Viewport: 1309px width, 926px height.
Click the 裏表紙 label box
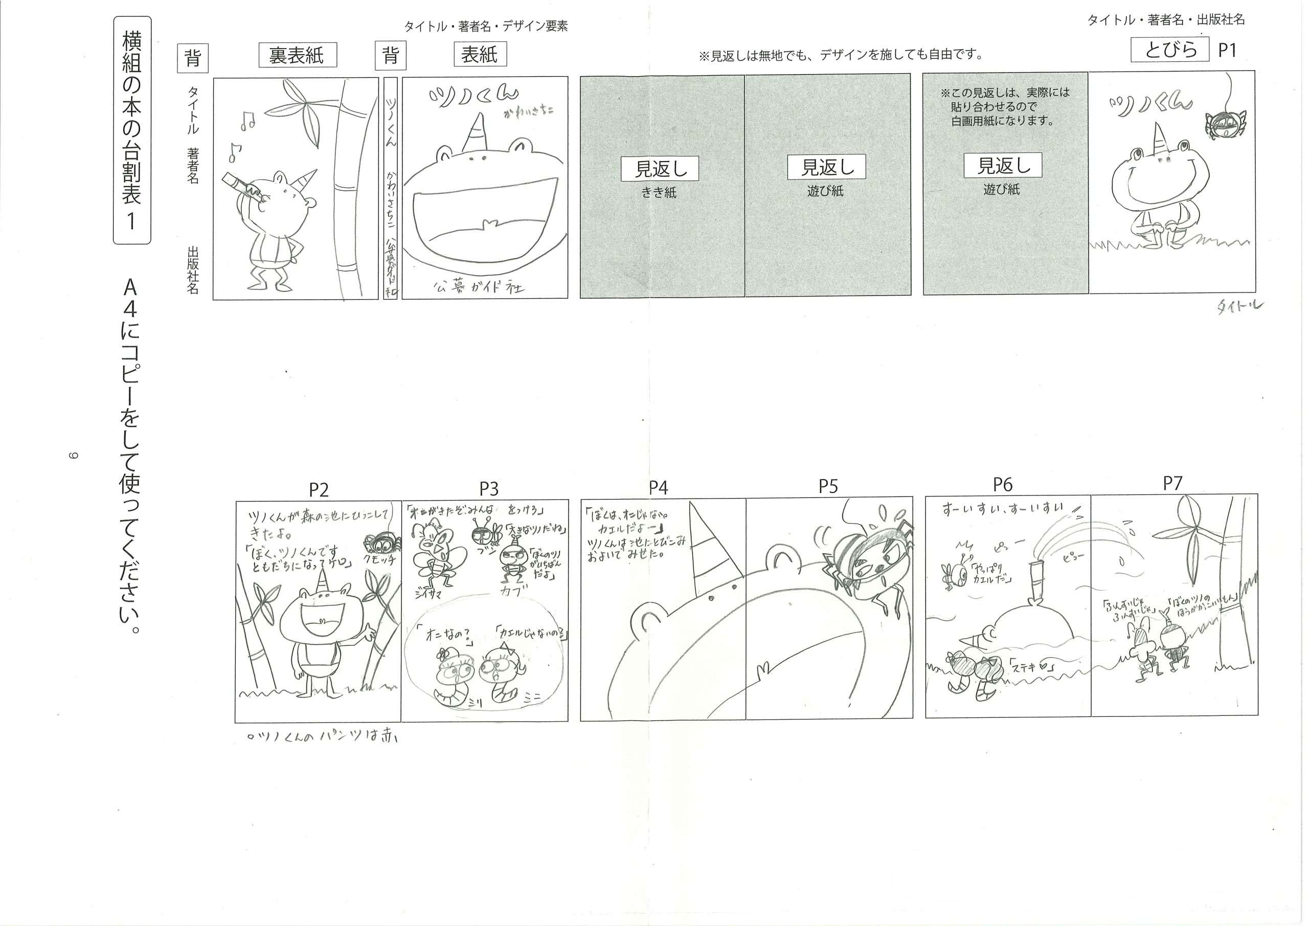pos(297,55)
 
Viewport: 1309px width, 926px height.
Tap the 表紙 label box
pos(480,55)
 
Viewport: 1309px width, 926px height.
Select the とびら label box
pos(1170,50)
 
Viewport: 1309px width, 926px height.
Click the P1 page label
pos(1227,50)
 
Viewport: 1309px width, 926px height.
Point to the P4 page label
pos(658,487)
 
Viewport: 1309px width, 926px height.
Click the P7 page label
pos(1173,484)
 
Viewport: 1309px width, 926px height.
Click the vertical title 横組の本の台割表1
pos(132,130)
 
